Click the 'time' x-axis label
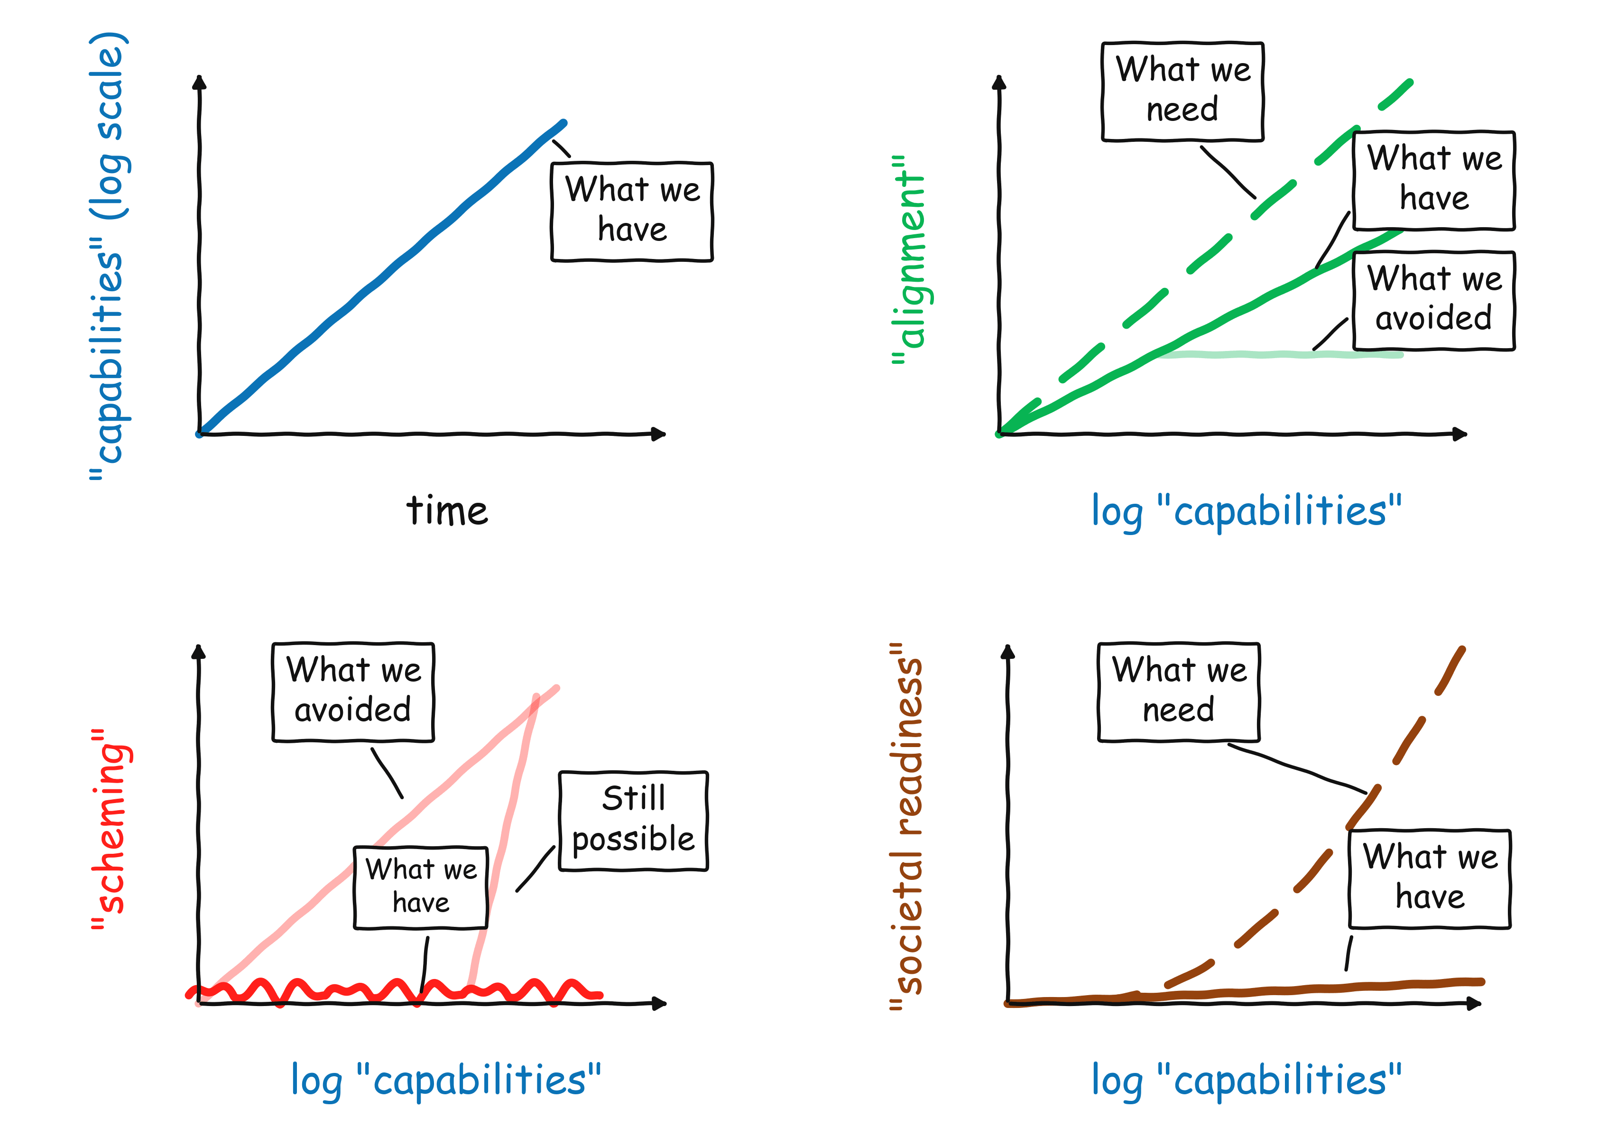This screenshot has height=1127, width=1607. pos(446,510)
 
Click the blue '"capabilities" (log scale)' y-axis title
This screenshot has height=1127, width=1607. pos(109,256)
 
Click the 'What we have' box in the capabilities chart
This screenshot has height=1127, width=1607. pos(632,212)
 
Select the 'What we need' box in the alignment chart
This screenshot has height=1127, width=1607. pos(1182,91)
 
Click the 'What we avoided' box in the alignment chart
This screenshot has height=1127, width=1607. pos(1433,300)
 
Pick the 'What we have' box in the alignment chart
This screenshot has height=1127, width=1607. pos(1433,180)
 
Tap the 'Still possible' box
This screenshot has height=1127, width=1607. pos(633,821)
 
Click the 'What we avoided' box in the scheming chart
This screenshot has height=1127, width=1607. pos(353,692)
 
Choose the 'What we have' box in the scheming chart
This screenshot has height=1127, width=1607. pos(421,887)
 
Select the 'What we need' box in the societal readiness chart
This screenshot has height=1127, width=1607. pos(1179,692)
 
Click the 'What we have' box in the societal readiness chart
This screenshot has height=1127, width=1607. pos(1429,878)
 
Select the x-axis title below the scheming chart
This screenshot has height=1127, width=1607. pos(446,1080)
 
